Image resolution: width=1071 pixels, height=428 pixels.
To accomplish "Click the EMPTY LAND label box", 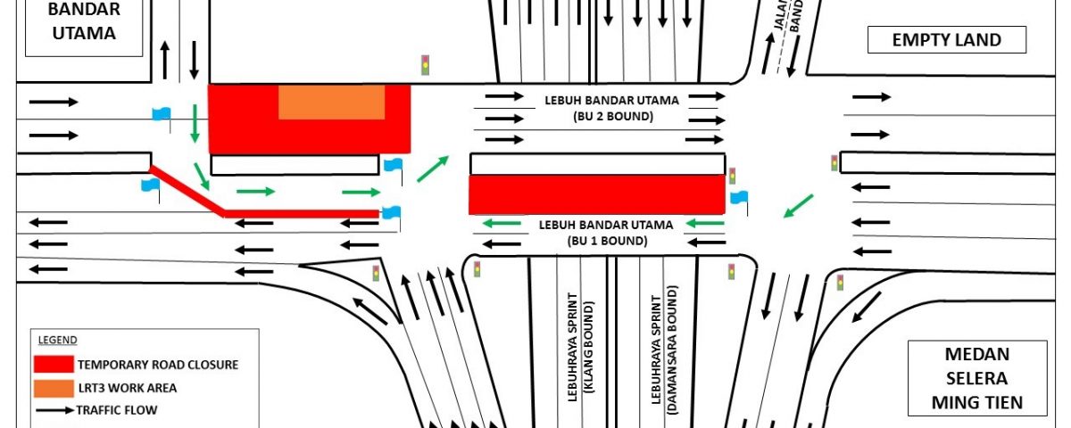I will pyautogui.click(x=947, y=40).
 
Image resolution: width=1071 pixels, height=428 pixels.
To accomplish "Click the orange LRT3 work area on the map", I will pyautogui.click(x=331, y=103).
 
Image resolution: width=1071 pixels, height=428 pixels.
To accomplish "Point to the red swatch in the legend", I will pyautogui.click(x=53, y=365).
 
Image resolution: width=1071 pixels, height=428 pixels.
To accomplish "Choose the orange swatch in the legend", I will pyautogui.click(x=53, y=388).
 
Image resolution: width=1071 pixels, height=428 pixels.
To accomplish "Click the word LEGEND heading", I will pyautogui.click(x=57, y=340).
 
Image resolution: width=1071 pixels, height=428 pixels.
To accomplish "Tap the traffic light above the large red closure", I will pyautogui.click(x=427, y=65).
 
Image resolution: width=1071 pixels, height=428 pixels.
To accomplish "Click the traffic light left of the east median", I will pyautogui.click(x=834, y=163).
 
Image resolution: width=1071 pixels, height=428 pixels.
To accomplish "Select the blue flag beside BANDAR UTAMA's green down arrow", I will pyautogui.click(x=162, y=113).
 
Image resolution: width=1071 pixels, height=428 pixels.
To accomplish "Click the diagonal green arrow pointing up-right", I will pyautogui.click(x=434, y=168).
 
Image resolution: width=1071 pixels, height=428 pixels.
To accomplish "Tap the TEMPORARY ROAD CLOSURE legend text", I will pyautogui.click(x=158, y=365).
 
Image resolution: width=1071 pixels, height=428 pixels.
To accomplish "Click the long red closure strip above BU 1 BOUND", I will pyautogui.click(x=596, y=194).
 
